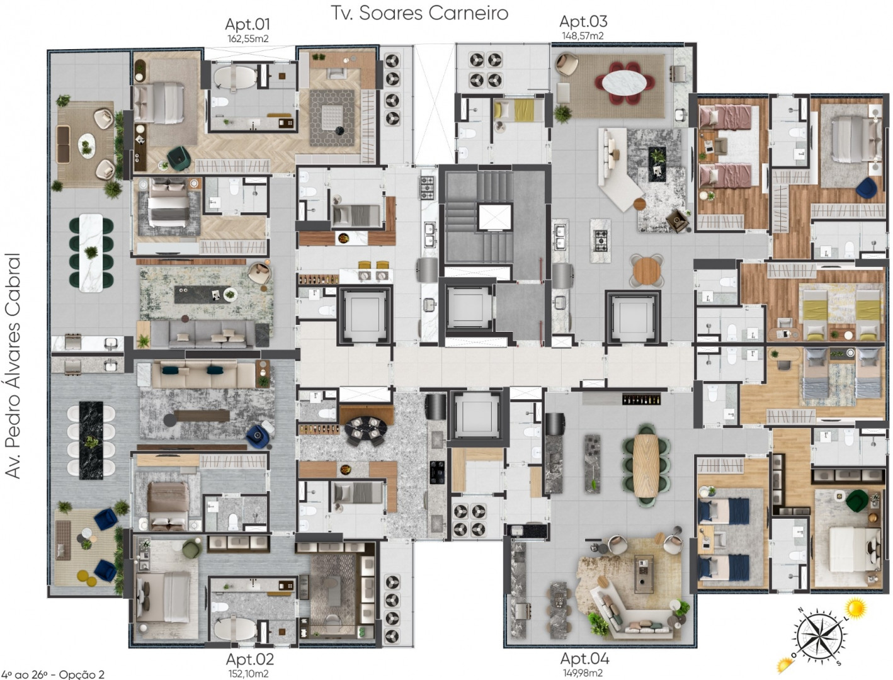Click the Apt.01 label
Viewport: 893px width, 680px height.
pos(247,25)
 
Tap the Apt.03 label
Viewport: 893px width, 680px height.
pos(583,21)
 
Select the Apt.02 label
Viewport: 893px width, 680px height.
pos(249,659)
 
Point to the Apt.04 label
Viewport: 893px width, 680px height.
pos(584,657)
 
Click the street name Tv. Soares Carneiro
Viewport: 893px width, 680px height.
pos(419,13)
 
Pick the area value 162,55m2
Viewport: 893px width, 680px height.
pos(247,38)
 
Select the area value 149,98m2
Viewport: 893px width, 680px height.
pos(583,672)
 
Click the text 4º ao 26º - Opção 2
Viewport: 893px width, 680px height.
pos(52,674)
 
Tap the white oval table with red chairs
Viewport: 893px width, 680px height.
pos(624,83)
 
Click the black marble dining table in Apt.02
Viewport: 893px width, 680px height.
pos(91,440)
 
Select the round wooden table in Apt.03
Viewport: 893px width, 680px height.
pos(647,271)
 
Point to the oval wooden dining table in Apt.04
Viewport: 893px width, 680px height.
pos(646,465)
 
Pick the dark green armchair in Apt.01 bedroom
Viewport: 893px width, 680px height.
pos(179,158)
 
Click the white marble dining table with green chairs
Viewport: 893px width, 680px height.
pos(91,253)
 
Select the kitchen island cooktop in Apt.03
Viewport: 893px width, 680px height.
pos(601,241)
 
